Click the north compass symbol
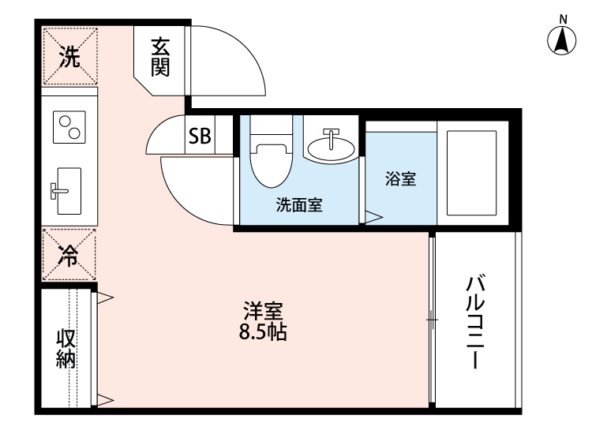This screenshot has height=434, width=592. [x=562, y=39]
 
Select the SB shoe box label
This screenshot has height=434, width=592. [x=199, y=137]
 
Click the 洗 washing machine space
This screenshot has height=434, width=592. [x=70, y=57]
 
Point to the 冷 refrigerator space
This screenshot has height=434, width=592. [x=69, y=255]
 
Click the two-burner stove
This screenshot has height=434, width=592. [x=69, y=126]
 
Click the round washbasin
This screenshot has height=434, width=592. [x=331, y=146]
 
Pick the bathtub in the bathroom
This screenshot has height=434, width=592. [x=471, y=174]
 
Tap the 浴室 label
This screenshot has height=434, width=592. [x=400, y=178]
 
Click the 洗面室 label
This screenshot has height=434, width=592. [x=298, y=206]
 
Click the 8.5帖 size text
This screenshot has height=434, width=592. [x=262, y=332]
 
